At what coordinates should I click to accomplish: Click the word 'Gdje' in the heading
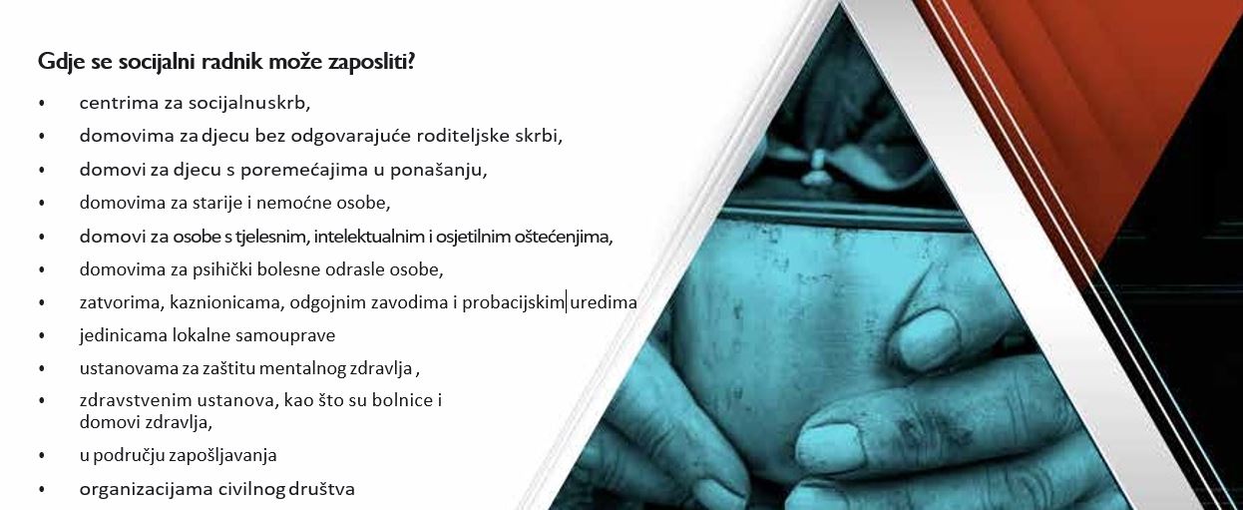(x=57, y=62)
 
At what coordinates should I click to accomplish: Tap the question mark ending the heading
(x=411, y=61)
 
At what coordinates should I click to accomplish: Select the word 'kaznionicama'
(x=227, y=303)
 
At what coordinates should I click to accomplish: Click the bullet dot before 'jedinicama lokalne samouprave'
(x=42, y=335)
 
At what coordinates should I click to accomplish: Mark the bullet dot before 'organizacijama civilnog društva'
(x=42, y=489)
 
